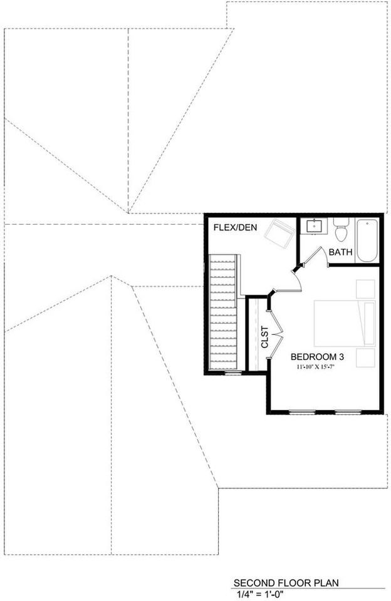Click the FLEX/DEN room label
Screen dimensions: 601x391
coord(233,227)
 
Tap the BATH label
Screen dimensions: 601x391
coord(341,252)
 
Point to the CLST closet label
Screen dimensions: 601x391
coord(265,337)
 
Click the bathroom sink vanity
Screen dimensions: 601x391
coord(311,226)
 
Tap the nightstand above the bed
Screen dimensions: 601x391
coord(366,289)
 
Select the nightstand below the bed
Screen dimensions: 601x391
coord(366,357)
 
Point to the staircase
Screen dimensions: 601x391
coord(223,313)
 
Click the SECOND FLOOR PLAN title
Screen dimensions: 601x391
coord(286,582)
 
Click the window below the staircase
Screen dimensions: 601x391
coord(232,374)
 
